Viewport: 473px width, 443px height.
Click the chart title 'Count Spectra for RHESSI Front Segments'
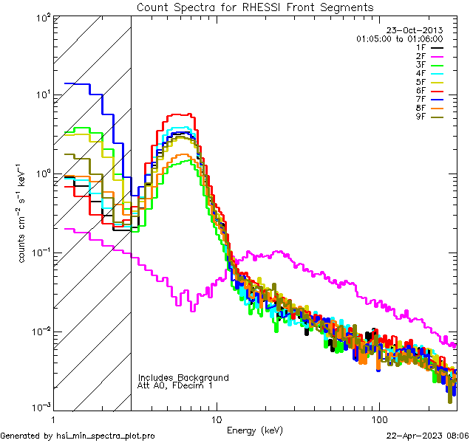(x=255, y=7)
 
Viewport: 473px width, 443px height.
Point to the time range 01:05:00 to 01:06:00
(x=399, y=38)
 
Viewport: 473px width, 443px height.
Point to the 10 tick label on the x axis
(x=216, y=419)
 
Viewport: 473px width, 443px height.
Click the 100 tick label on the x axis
(x=379, y=419)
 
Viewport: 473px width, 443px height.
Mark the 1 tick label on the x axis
(x=52, y=419)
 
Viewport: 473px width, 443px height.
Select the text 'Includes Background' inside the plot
(x=183, y=377)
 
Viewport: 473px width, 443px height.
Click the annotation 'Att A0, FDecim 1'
(x=175, y=385)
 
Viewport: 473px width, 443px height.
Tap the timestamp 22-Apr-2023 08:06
(x=428, y=436)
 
